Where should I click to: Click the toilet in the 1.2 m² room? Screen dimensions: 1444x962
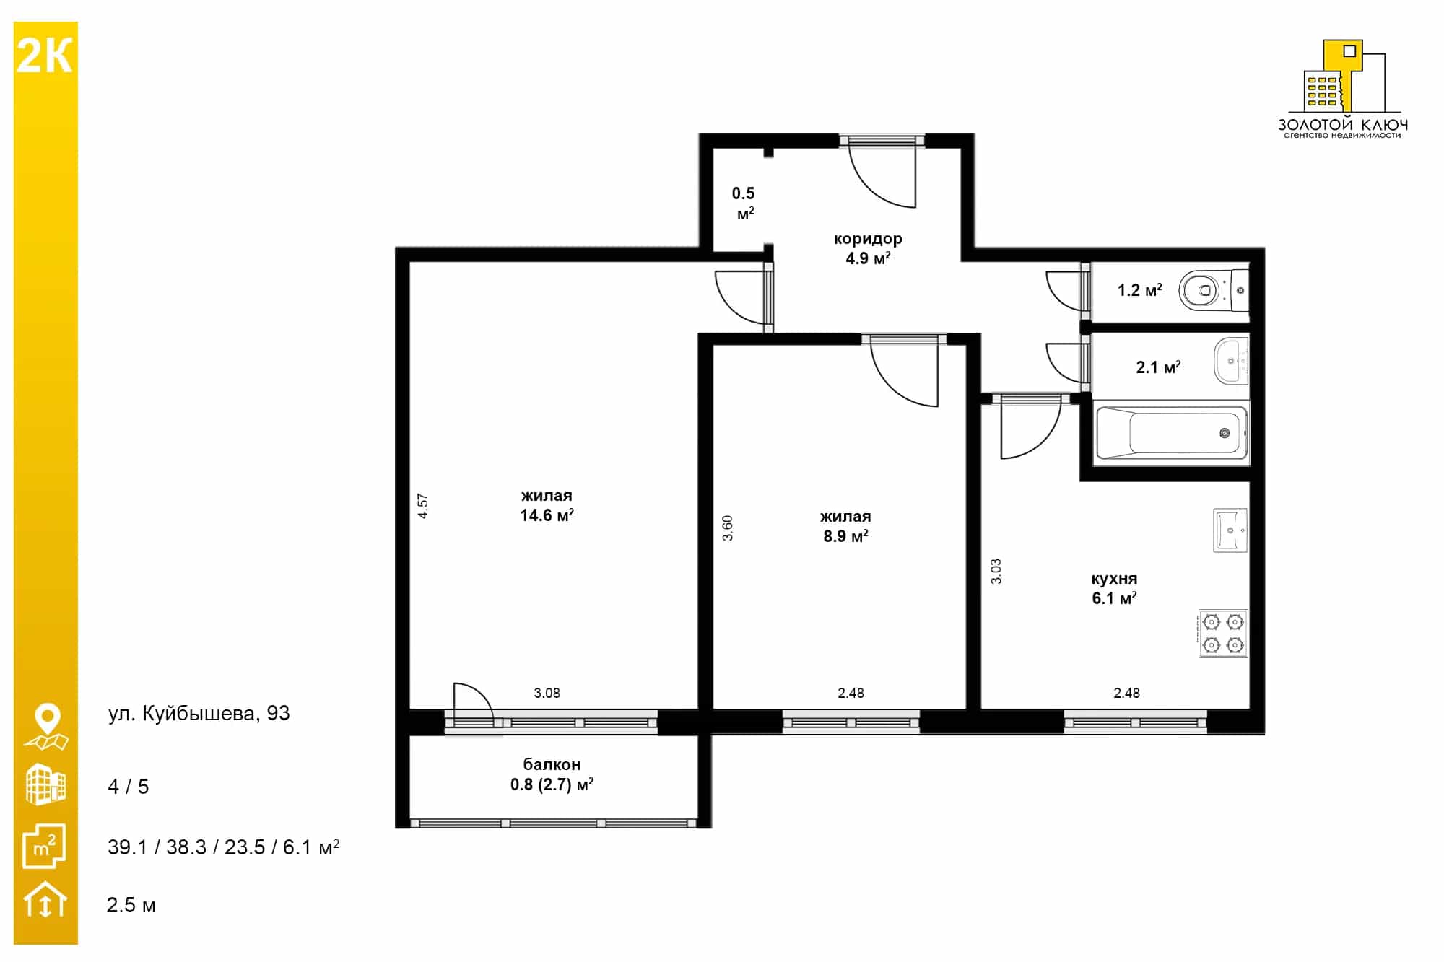tap(1213, 290)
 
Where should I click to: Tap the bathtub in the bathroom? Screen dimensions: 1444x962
tap(1171, 433)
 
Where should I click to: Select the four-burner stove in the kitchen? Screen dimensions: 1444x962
tap(1223, 633)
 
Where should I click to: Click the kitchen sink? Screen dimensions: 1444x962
tap(1230, 530)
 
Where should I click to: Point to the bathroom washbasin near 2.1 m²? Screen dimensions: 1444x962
tap(1231, 361)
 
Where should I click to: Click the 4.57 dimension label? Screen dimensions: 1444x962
tap(423, 506)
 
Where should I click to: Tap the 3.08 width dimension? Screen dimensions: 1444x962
tap(547, 693)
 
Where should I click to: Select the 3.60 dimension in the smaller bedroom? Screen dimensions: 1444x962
tap(727, 528)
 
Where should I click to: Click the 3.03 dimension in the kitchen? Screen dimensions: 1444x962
tap(996, 571)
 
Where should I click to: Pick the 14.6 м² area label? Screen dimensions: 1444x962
tap(547, 515)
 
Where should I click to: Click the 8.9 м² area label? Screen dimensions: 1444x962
tap(845, 536)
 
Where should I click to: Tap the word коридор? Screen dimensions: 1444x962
tap(868, 239)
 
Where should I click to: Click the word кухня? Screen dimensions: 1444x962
tap(1114, 579)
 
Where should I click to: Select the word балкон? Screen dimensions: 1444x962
tap(552, 764)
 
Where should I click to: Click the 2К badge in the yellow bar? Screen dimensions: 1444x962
tap(44, 56)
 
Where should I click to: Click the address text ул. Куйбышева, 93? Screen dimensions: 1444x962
tap(199, 714)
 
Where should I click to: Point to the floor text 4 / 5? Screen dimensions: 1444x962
tap(128, 787)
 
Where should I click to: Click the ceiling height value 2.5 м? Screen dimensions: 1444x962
tap(131, 905)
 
